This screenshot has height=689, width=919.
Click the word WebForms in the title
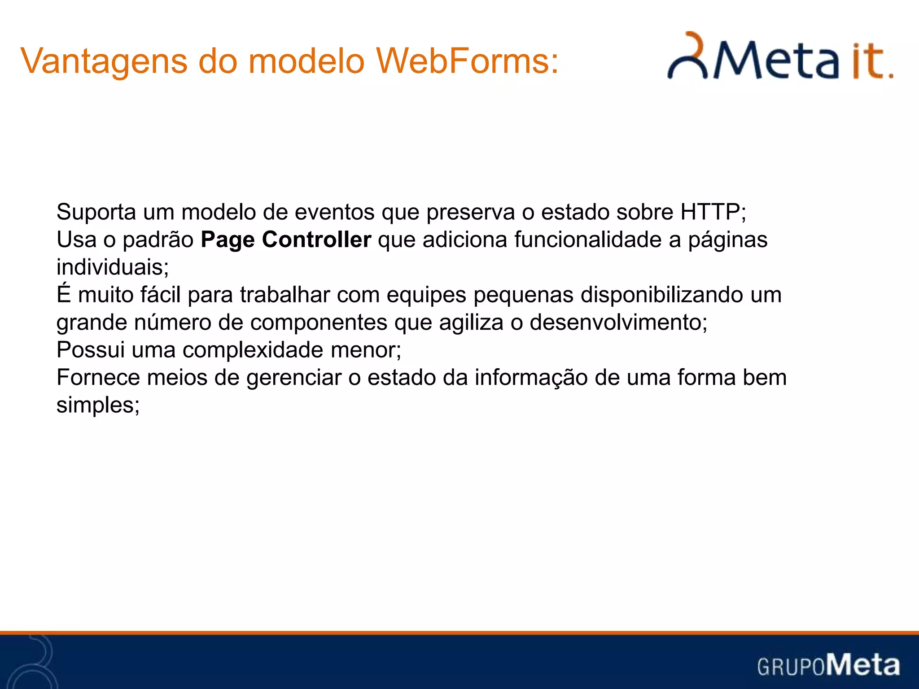pyautogui.click(x=467, y=61)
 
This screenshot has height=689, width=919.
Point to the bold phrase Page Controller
pyautogui.click(x=286, y=240)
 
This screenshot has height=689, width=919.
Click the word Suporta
pyautogui.click(x=96, y=212)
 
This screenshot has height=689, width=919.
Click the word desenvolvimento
pyautogui.click(x=616, y=322)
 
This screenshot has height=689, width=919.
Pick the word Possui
pyautogui.click(x=90, y=350)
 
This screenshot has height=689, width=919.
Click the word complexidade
pyautogui.click(x=253, y=350)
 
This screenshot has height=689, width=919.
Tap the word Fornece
pyautogui.click(x=98, y=377)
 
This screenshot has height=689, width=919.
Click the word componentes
pyautogui.click(x=319, y=322)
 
